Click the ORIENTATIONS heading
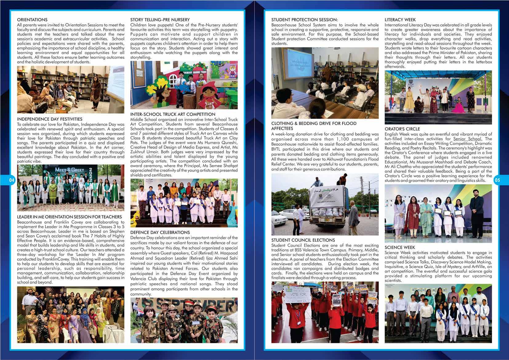(32, 20)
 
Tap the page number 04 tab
(12, 181)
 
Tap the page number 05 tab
(497, 181)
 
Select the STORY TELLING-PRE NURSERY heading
(160, 20)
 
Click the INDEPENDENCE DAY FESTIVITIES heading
(50, 119)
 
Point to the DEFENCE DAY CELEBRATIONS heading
(160, 232)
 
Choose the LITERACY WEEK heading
(400, 20)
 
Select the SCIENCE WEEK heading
(400, 247)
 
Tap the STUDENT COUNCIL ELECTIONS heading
(303, 240)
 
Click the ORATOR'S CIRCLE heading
(402, 129)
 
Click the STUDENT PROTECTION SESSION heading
(304, 20)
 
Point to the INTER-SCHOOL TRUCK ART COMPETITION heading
(173, 114)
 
